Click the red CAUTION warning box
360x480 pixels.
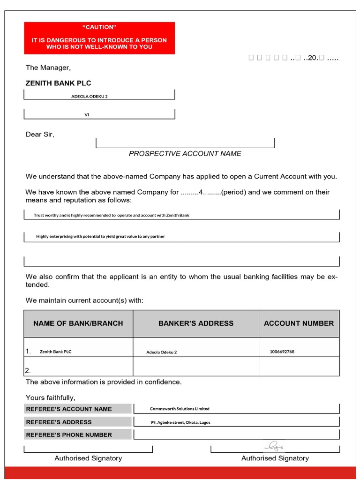99,37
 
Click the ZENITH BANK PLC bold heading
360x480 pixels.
58,83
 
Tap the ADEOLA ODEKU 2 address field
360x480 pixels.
90,96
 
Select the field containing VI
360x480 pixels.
87,114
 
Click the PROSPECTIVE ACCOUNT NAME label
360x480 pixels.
185,153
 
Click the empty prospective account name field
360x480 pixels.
185,142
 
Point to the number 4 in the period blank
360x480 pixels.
201,192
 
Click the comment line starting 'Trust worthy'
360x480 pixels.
112,215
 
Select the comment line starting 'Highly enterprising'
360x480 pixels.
100,236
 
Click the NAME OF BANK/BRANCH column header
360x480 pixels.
78,323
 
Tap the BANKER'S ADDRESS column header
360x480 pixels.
195,323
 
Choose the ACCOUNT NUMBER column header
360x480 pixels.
299,323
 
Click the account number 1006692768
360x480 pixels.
282,352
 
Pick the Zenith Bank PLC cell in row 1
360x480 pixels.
55,352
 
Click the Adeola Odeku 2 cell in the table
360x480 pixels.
161,352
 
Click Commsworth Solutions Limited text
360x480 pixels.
180,409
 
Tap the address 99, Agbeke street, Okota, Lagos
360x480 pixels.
180,422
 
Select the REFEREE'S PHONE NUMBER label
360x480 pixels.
69,435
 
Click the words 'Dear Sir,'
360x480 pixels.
40,135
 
